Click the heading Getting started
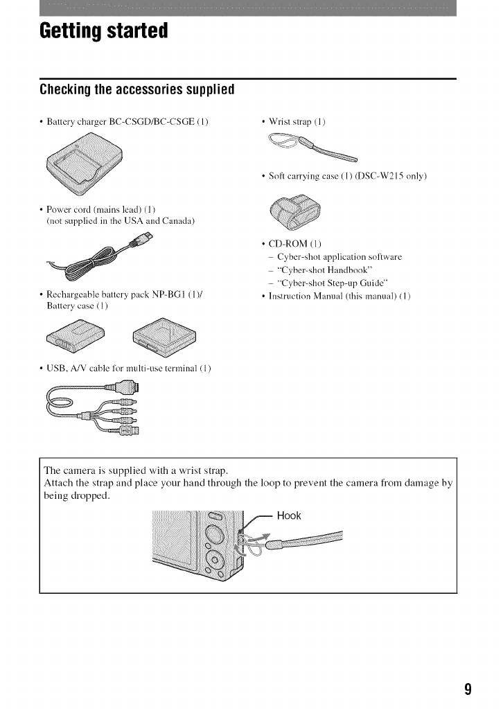(104, 31)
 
